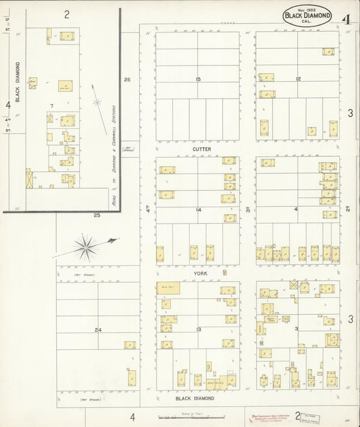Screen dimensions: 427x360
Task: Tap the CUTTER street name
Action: [x=202, y=148]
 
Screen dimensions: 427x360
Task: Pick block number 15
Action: [x=198, y=80]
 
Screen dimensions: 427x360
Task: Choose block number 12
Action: [x=297, y=80]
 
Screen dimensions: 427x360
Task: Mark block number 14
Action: [x=198, y=210]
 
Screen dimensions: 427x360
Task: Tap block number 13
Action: [x=198, y=329]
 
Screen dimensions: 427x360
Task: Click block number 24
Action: [x=98, y=330]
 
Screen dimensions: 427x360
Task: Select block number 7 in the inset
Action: [x=52, y=107]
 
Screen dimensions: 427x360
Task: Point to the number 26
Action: [x=127, y=80]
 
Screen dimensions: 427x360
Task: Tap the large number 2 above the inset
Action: [x=67, y=14]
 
